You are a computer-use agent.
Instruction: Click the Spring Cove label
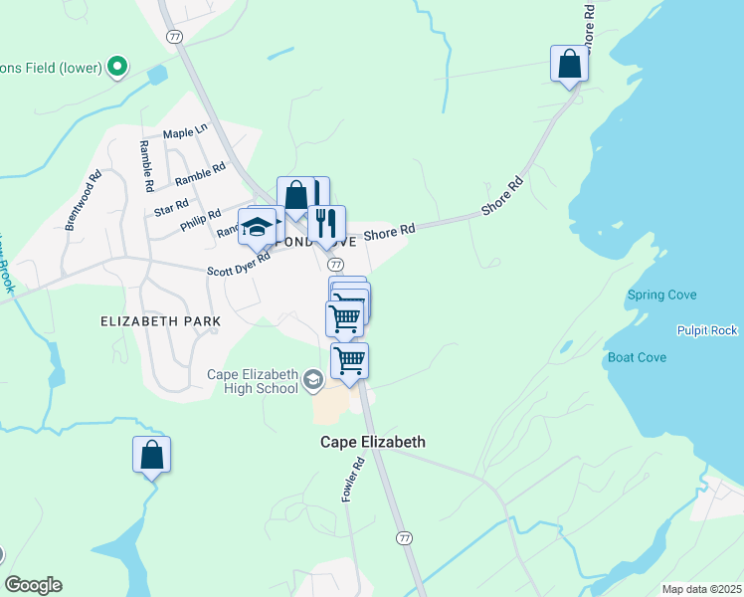(x=661, y=296)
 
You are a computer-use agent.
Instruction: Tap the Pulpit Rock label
(x=707, y=330)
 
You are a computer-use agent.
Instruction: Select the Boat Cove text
(x=637, y=357)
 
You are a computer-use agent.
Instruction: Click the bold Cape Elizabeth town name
(x=372, y=442)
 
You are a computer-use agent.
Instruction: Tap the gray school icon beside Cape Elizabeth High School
(x=313, y=379)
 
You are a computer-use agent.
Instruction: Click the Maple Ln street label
(x=185, y=131)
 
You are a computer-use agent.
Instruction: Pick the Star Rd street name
(x=172, y=207)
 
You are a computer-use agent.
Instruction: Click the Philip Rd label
(x=201, y=221)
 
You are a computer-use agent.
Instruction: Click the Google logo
(x=33, y=585)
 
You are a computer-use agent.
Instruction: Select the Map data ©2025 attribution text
(x=701, y=589)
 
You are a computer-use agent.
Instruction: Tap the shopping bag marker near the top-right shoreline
(x=570, y=64)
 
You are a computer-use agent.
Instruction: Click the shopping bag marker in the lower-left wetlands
(x=151, y=455)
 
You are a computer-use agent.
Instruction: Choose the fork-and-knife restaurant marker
(x=325, y=223)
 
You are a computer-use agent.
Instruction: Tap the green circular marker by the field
(x=117, y=68)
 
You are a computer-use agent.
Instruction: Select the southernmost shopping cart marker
(x=349, y=360)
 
